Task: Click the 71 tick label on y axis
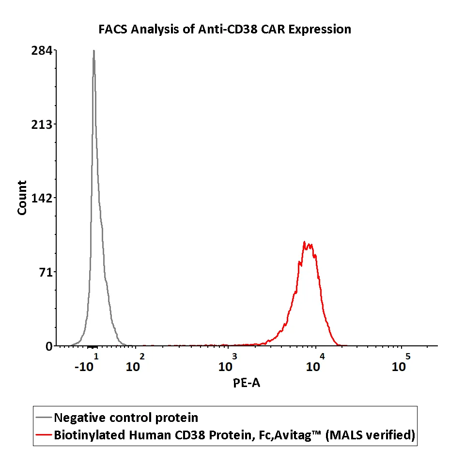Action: pos(46,272)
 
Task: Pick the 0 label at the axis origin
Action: pos(49,346)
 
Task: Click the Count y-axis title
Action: pos(22,198)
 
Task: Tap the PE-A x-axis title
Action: pos(247,384)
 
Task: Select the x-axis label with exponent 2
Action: pos(135,364)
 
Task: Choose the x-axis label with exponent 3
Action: pos(227,364)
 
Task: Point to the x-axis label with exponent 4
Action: pos(315,364)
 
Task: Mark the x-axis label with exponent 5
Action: pos(401,364)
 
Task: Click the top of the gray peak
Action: pos(93,51)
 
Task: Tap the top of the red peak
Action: pos(304,242)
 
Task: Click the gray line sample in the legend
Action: pos(44,418)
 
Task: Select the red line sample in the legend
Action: pos(44,435)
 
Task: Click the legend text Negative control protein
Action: pos(126,418)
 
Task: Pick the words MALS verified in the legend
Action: pos(371,435)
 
